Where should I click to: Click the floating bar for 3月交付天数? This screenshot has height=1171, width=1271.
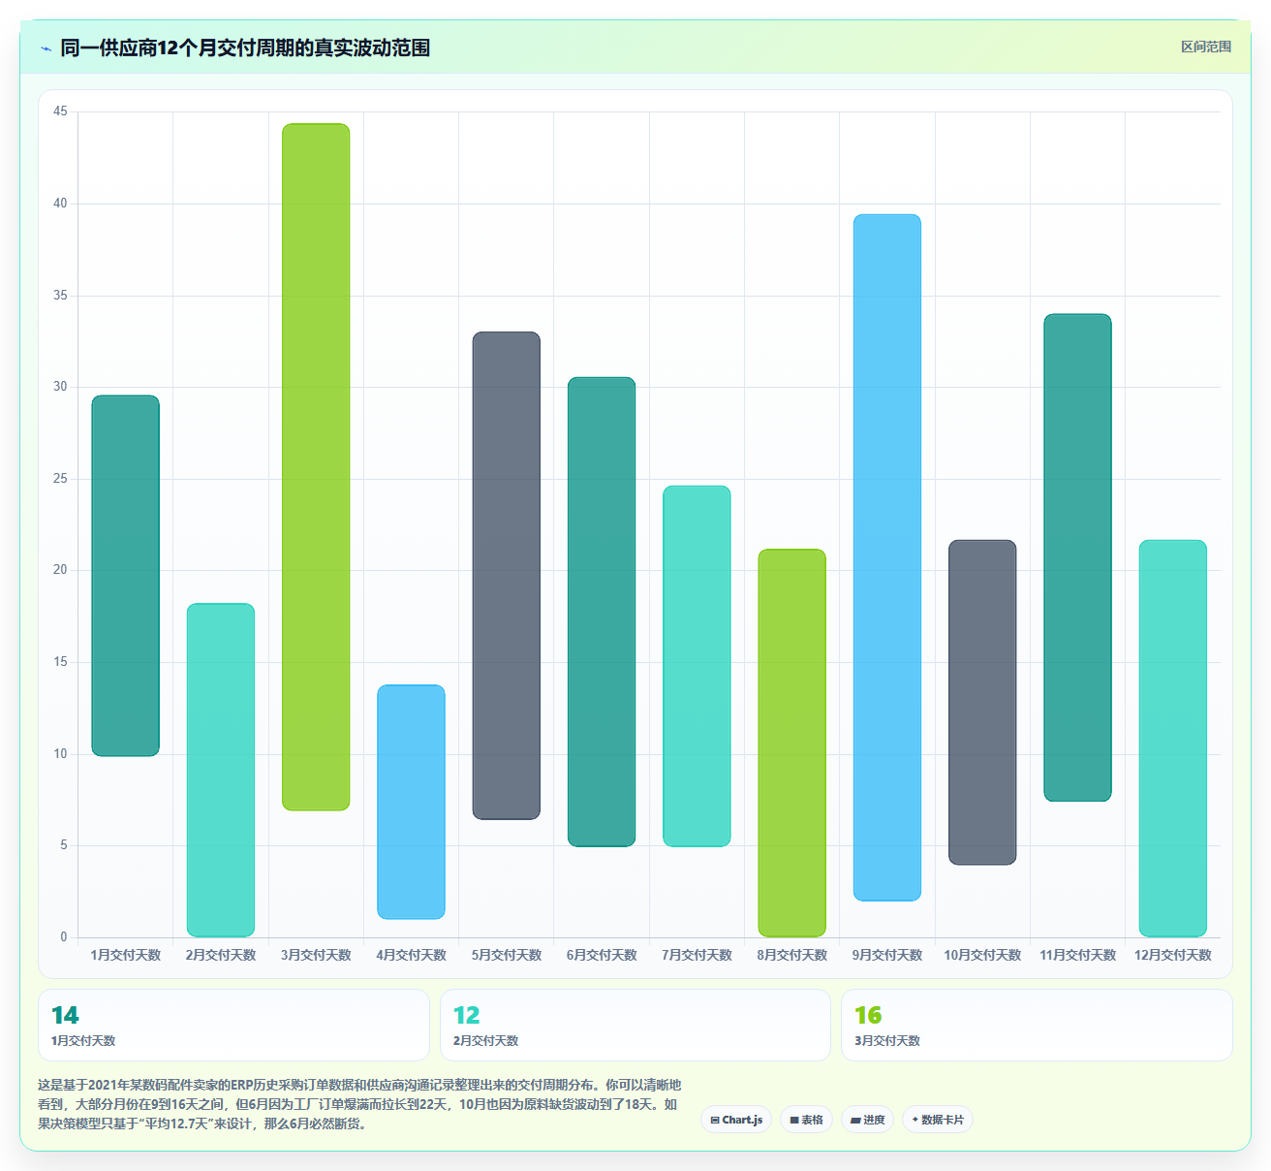point(316,466)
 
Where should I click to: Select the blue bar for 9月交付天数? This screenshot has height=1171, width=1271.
point(887,557)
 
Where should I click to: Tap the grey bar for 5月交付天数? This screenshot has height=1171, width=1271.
point(507,575)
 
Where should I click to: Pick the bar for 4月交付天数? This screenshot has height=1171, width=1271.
point(411,802)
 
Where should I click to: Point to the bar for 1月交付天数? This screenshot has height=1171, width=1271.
point(125,576)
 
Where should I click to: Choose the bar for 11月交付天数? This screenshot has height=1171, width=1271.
point(1078,557)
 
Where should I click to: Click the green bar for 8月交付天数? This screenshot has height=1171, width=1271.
point(792,743)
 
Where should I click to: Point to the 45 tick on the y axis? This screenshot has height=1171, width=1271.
point(60,111)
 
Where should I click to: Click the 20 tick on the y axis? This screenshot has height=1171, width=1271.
point(60,570)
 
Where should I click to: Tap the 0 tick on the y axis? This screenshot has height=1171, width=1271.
point(63,936)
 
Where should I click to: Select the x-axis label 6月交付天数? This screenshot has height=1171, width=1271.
point(602,955)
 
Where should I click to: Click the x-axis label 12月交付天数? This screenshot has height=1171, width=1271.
point(1173,955)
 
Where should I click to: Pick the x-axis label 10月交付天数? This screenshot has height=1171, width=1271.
point(982,955)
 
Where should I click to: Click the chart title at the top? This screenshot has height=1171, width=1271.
point(245,47)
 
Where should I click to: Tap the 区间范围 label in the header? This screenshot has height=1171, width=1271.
point(1206,47)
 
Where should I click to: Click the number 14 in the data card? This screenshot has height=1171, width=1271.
point(65,1015)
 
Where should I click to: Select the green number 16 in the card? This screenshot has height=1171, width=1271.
point(868,1015)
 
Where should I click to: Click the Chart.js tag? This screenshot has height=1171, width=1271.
point(736,1120)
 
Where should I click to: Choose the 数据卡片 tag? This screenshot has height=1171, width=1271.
point(938,1120)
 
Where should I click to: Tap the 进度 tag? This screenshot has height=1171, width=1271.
point(867,1120)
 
